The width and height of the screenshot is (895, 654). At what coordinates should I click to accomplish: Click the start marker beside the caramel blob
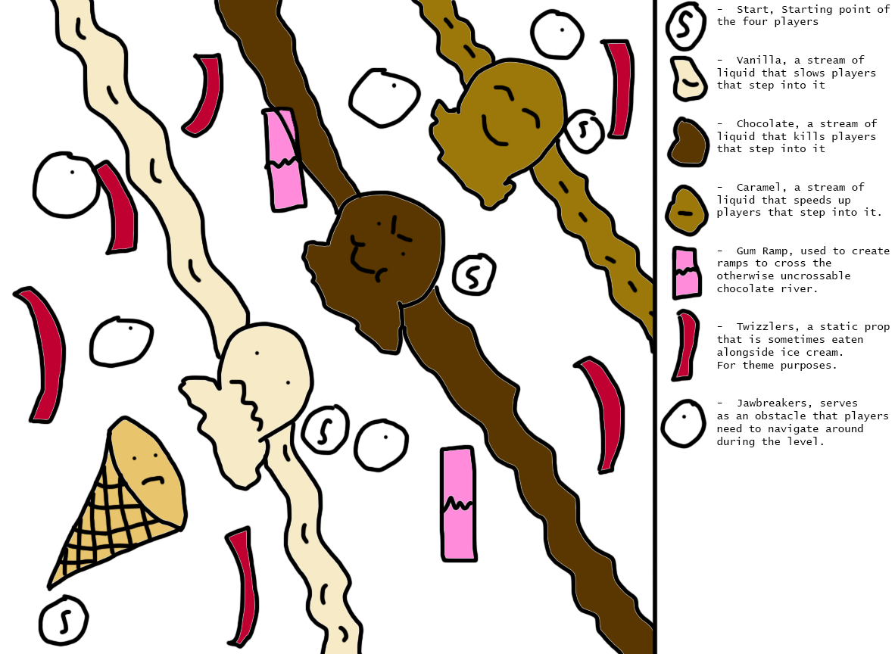click(x=584, y=131)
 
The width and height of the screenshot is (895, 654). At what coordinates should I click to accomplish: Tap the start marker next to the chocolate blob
click(x=474, y=275)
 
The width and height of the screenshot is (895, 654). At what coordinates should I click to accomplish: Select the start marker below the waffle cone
click(x=64, y=621)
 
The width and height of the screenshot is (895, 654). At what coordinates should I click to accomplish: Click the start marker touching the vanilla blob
click(x=325, y=430)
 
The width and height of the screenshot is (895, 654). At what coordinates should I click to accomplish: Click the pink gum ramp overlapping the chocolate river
click(x=284, y=160)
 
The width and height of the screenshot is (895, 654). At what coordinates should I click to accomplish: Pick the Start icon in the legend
click(x=685, y=26)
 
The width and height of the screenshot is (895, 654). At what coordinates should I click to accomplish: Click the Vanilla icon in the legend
click(x=689, y=79)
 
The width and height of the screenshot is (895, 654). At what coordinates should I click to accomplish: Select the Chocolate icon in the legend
click(x=688, y=142)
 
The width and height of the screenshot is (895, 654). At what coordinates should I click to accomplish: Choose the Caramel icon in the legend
click(x=687, y=210)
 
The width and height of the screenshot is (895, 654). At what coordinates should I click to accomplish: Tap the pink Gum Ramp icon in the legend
click(x=686, y=272)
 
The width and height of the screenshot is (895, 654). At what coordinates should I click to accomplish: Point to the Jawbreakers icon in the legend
click(x=683, y=423)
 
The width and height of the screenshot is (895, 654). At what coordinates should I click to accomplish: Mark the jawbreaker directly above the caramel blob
click(x=557, y=34)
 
